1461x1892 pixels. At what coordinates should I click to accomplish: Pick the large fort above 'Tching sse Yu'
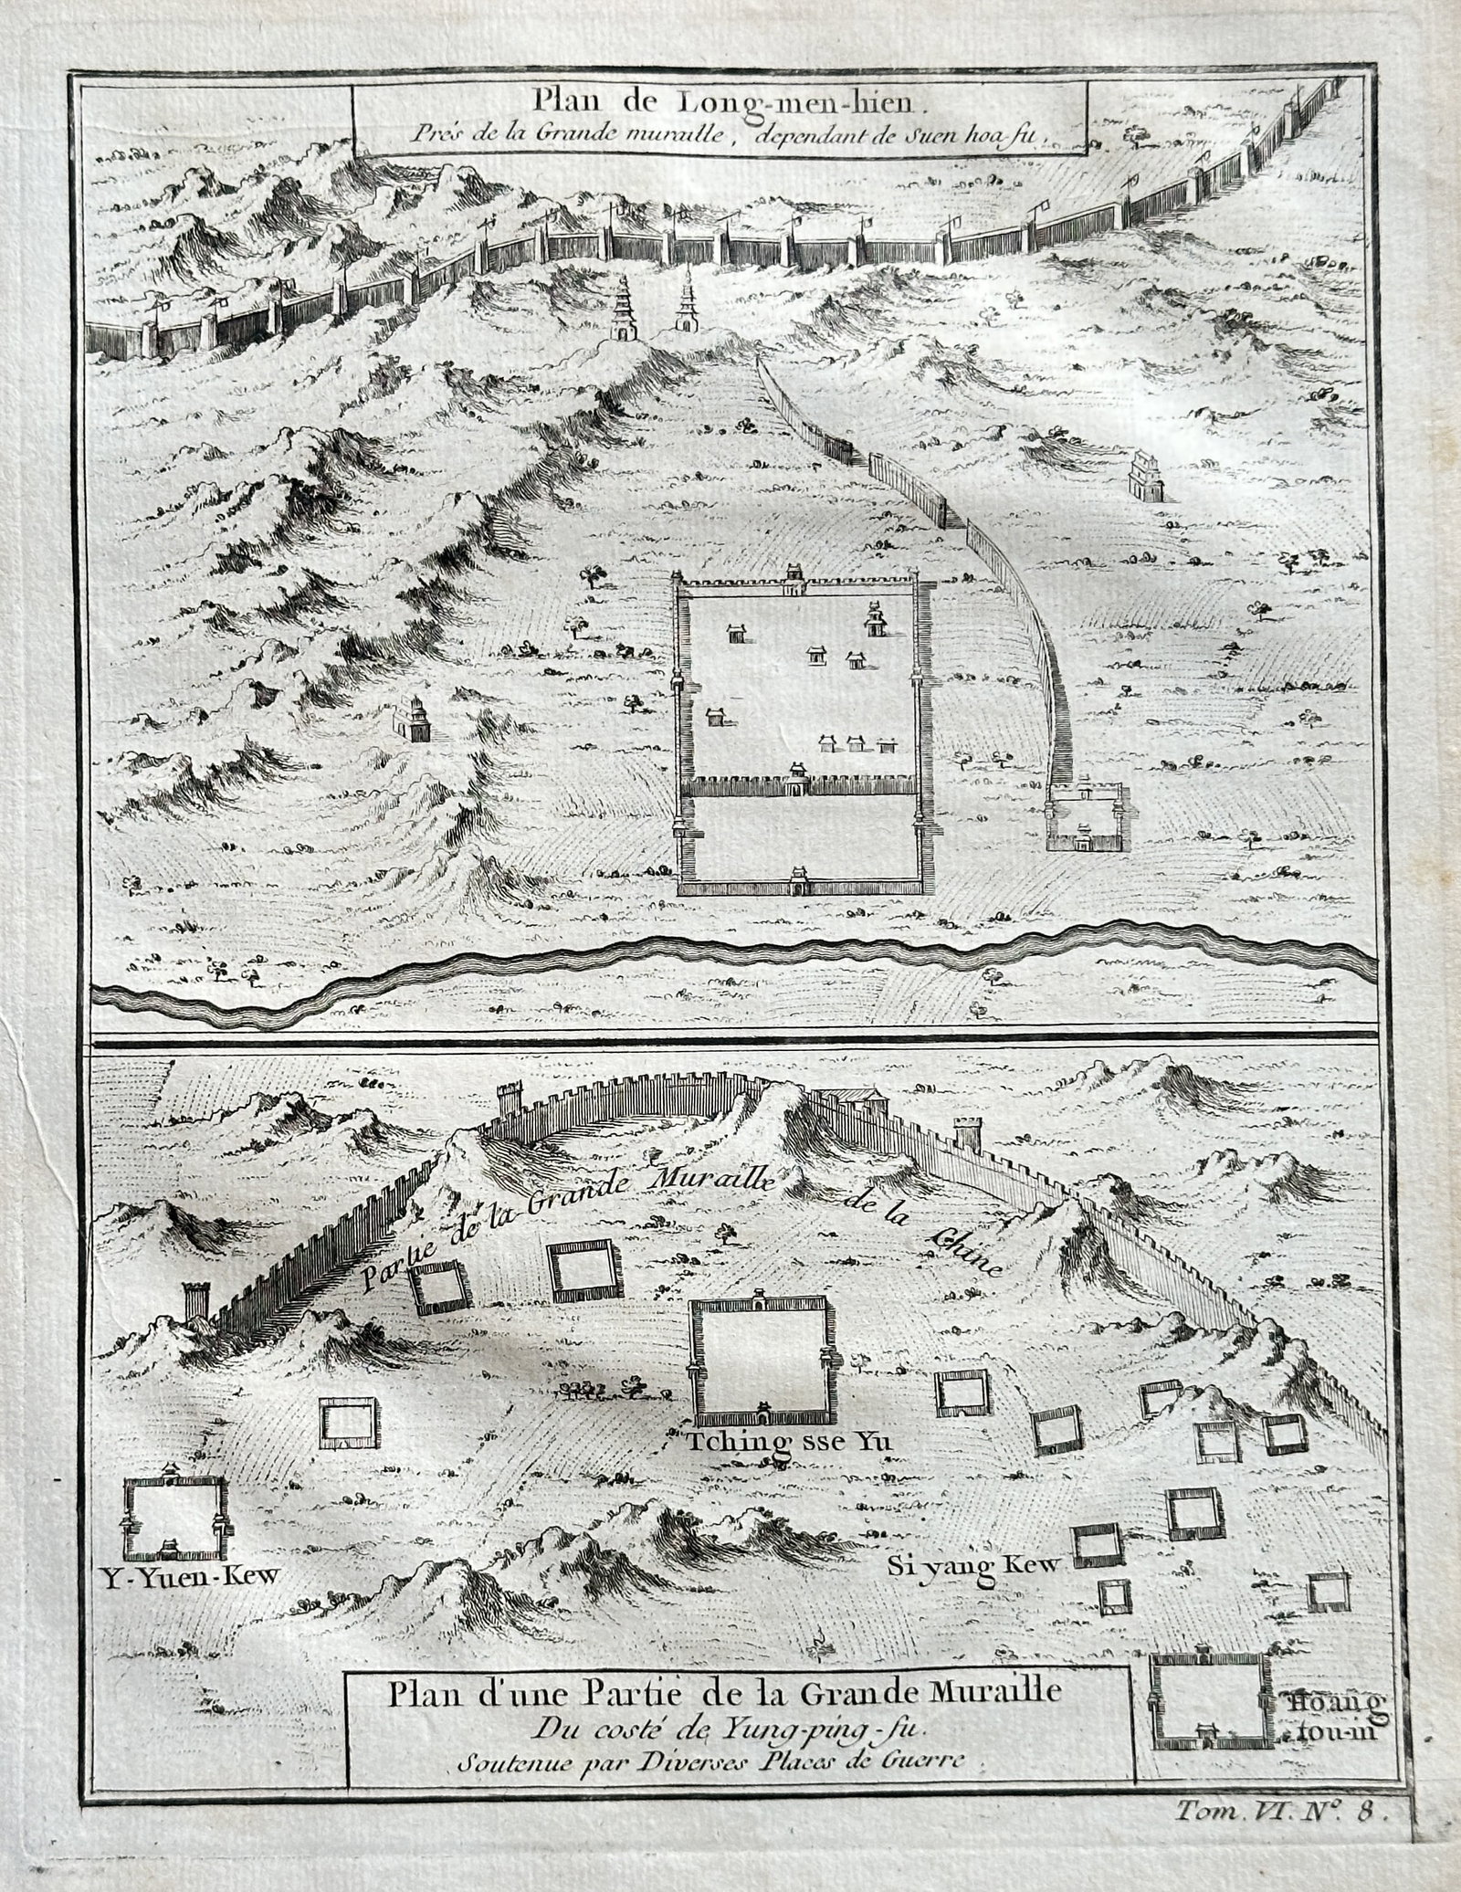(762, 1373)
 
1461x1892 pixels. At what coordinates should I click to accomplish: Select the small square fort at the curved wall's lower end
(1088, 815)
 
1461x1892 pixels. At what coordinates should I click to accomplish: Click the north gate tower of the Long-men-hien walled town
(794, 578)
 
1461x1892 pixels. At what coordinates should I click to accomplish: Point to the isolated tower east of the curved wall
(1144, 475)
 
